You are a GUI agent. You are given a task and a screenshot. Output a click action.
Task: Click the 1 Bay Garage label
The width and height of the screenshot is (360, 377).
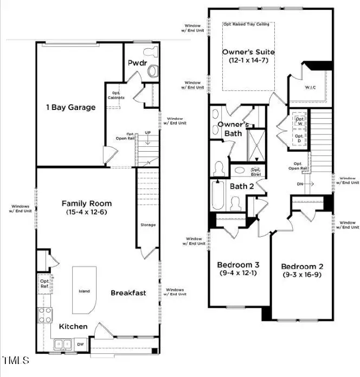click(x=70, y=107)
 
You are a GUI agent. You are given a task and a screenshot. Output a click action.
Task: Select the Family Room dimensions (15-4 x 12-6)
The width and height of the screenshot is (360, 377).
click(x=87, y=213)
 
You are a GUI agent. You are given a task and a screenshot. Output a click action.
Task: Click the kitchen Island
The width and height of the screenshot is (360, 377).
click(x=84, y=291)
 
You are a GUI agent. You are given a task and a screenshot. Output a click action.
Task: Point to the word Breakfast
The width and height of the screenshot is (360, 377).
click(x=128, y=293)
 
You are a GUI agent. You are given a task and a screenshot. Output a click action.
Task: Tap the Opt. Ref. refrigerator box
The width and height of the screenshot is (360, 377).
click(x=44, y=283)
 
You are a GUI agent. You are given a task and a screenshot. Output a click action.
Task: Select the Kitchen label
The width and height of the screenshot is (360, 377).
click(x=73, y=326)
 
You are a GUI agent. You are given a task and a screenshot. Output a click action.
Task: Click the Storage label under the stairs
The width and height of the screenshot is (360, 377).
click(x=147, y=225)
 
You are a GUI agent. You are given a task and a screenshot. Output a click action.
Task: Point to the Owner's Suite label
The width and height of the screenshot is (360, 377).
click(x=248, y=52)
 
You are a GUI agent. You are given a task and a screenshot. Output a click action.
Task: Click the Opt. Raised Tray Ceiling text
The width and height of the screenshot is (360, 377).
click(x=248, y=25)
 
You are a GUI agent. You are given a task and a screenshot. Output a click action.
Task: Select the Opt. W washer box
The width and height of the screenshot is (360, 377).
click(x=299, y=121)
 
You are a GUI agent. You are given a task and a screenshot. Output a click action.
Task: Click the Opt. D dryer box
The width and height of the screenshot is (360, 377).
click(x=299, y=139)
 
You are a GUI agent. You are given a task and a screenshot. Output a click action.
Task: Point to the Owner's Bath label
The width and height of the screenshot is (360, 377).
click(x=233, y=128)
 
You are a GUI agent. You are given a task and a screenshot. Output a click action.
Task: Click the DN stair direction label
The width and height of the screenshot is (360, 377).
click(x=299, y=183)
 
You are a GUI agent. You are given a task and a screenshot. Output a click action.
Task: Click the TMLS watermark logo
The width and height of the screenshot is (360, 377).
click(x=16, y=360)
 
